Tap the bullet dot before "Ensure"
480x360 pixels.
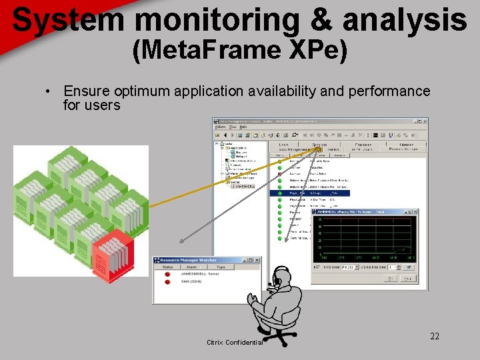pyautogui.click(x=49, y=91)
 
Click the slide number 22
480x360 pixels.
pyautogui.click(x=434, y=336)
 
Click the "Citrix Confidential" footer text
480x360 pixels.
pyautogui.click(x=235, y=343)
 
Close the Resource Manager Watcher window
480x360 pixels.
pyautogui.click(x=257, y=259)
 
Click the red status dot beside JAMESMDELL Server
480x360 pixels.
pyautogui.click(x=167, y=274)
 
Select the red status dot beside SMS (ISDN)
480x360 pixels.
pyautogui.click(x=167, y=282)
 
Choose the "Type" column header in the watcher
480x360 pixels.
pyautogui.click(x=221, y=267)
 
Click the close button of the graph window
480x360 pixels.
pyautogui.click(x=415, y=212)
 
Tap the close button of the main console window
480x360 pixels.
pyautogui.click(x=425, y=121)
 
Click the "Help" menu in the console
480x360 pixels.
pyautogui.click(x=243, y=127)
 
